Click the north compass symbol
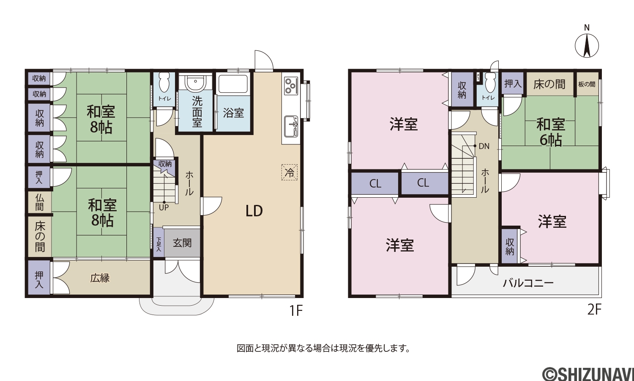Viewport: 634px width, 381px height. pyautogui.click(x=587, y=45)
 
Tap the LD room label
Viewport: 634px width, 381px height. pyautogui.click(x=254, y=211)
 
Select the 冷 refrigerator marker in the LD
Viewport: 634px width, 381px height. pyautogui.click(x=289, y=172)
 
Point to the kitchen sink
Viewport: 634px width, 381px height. pyautogui.click(x=291, y=126)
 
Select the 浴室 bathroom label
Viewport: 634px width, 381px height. pyautogui.click(x=233, y=113)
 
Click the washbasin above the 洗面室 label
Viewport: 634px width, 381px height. pyautogui.click(x=195, y=82)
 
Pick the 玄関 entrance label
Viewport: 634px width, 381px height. pyautogui.click(x=182, y=243)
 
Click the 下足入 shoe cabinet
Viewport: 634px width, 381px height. pyautogui.click(x=158, y=244)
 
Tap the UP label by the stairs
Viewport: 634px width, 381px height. pyautogui.click(x=164, y=207)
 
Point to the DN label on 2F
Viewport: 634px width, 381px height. pyautogui.click(x=484, y=146)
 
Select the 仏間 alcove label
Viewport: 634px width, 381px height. pyautogui.click(x=39, y=202)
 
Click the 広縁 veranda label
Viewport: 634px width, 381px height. pyautogui.click(x=100, y=278)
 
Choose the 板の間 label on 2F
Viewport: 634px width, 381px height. pyautogui.click(x=587, y=84)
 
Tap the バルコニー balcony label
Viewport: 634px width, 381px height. pyautogui.click(x=528, y=283)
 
